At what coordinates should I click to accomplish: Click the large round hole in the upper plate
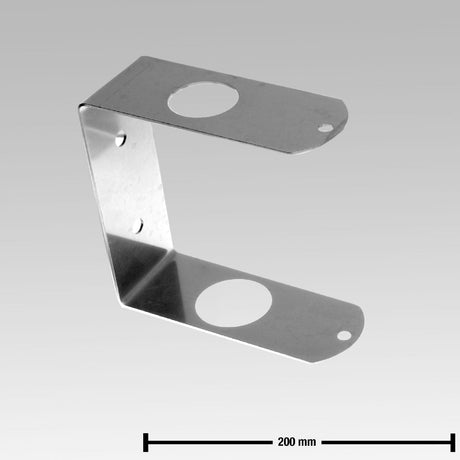point(204,97)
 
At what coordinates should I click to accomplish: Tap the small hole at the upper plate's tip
point(327,128)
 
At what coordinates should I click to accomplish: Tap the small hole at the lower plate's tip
point(344,335)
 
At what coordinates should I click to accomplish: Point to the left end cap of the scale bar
point(146,440)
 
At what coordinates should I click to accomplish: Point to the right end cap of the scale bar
point(453,440)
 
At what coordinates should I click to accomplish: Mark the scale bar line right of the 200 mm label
point(385,440)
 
